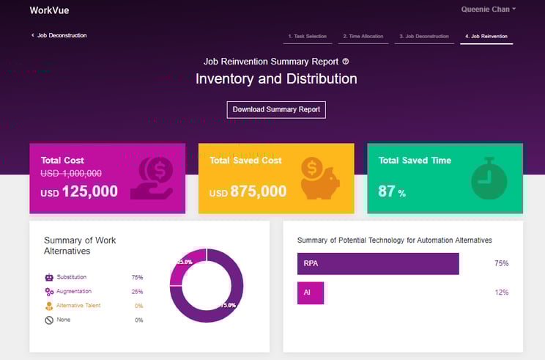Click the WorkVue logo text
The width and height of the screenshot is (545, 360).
click(x=49, y=10)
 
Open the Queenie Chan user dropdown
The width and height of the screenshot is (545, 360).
click(x=488, y=10)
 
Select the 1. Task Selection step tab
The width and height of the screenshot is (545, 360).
click(x=307, y=36)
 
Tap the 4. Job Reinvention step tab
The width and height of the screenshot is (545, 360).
click(x=486, y=36)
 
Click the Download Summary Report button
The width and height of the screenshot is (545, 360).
click(x=276, y=109)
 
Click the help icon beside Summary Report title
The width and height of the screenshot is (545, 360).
click(x=346, y=62)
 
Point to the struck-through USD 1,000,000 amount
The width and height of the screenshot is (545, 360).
click(x=71, y=173)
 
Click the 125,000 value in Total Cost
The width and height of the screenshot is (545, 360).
click(x=89, y=191)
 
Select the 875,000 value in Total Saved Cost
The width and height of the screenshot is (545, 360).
click(x=258, y=191)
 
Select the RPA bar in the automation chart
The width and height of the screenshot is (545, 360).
click(x=377, y=263)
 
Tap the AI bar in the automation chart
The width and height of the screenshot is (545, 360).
click(x=310, y=293)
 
